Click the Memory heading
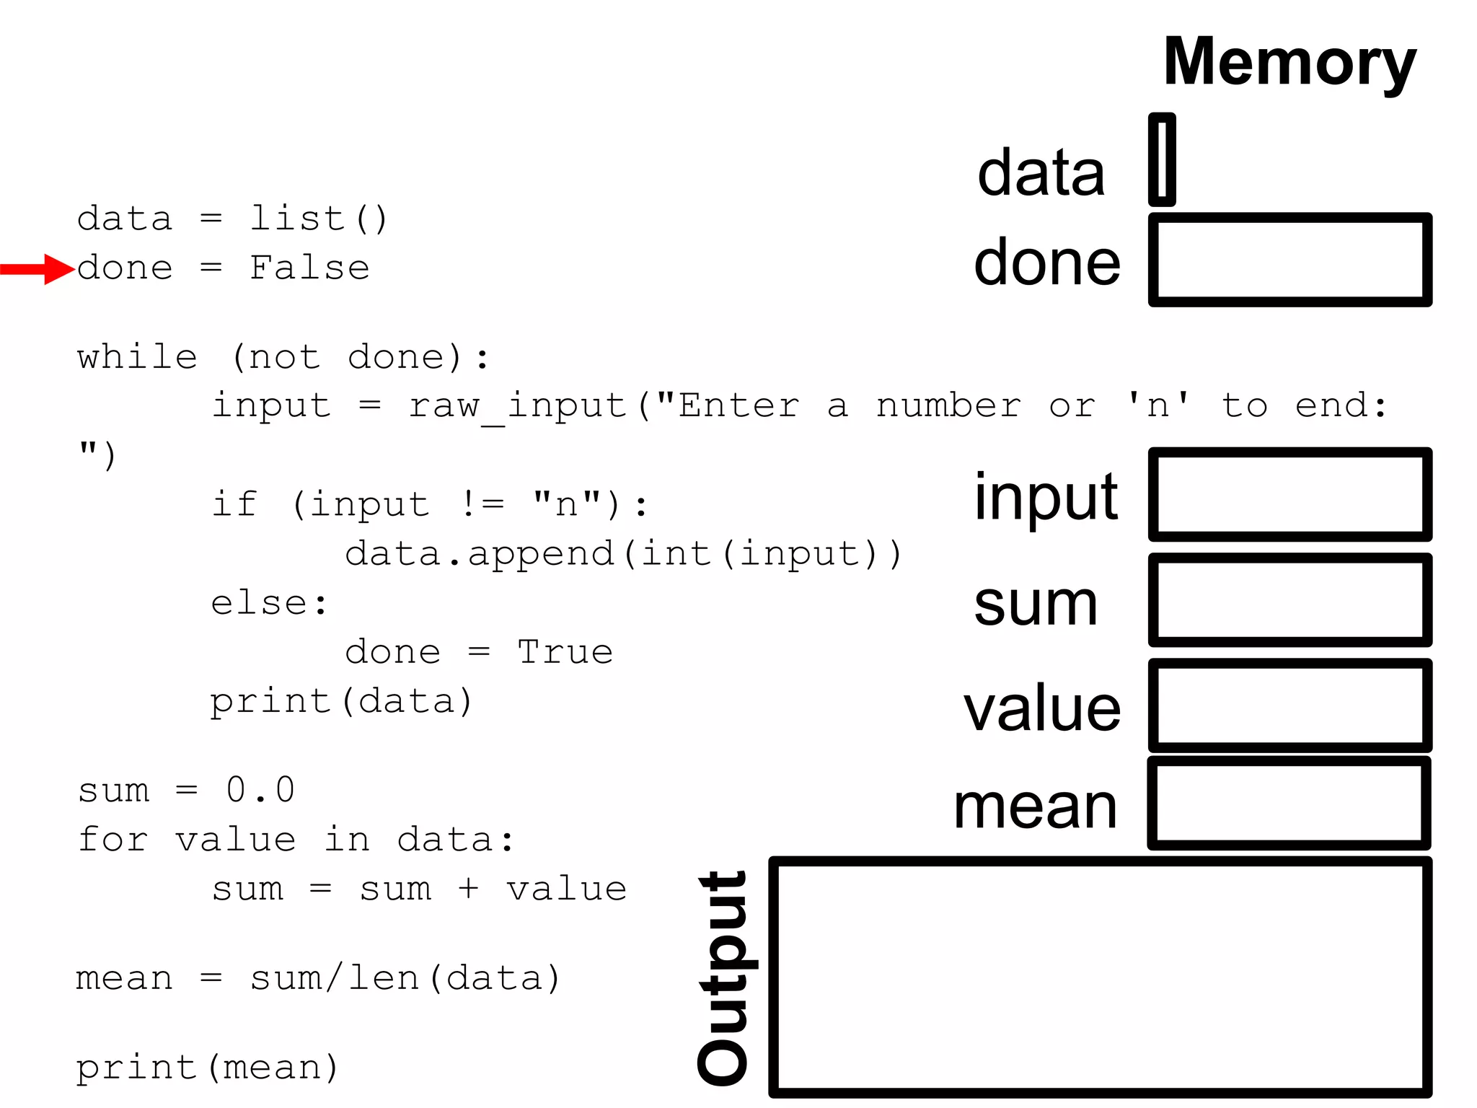(1289, 63)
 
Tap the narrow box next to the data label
(1162, 159)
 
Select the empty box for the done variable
(1289, 260)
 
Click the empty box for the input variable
(1289, 494)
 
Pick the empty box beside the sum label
(1289, 600)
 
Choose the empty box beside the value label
(1289, 705)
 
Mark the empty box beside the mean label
(1289, 803)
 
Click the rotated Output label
(724, 977)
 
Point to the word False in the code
(309, 268)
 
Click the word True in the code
(565, 652)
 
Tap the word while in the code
(137, 357)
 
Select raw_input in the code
(517, 406)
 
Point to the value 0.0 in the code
(260, 790)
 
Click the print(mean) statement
(207, 1068)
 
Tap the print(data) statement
(341, 701)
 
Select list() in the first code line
(318, 219)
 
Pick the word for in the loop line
(113, 840)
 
